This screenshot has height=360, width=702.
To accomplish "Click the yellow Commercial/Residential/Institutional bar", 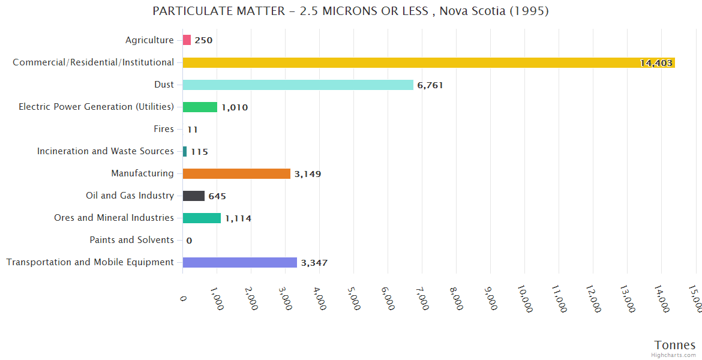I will coord(428,62).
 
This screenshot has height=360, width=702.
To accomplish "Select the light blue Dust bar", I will coord(298,85).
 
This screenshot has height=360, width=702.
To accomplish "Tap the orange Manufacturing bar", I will coord(236,173).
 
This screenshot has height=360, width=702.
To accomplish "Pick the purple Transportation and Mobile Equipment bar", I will coord(239,262).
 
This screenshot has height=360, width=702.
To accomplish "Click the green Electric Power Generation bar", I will coord(200,107).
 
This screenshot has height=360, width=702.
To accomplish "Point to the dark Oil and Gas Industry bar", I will coord(193,196).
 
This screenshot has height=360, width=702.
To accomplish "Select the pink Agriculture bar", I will coord(187,40).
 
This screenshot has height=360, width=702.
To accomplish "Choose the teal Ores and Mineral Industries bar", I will coord(202,218).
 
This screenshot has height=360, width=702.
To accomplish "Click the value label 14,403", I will coord(656,63).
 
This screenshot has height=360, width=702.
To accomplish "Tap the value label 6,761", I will coord(430,85).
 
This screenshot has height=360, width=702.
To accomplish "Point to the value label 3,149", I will coord(308,174).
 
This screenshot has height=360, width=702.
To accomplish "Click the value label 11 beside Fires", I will coord(192,130).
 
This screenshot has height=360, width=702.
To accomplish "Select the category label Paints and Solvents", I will coord(131,240).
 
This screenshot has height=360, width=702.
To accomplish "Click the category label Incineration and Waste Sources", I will coord(105,151).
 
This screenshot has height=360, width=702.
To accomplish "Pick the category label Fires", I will coord(164,129).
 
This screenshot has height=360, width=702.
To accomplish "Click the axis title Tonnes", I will coord(674,345).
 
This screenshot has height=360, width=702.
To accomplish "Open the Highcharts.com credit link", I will coord(675,355).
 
